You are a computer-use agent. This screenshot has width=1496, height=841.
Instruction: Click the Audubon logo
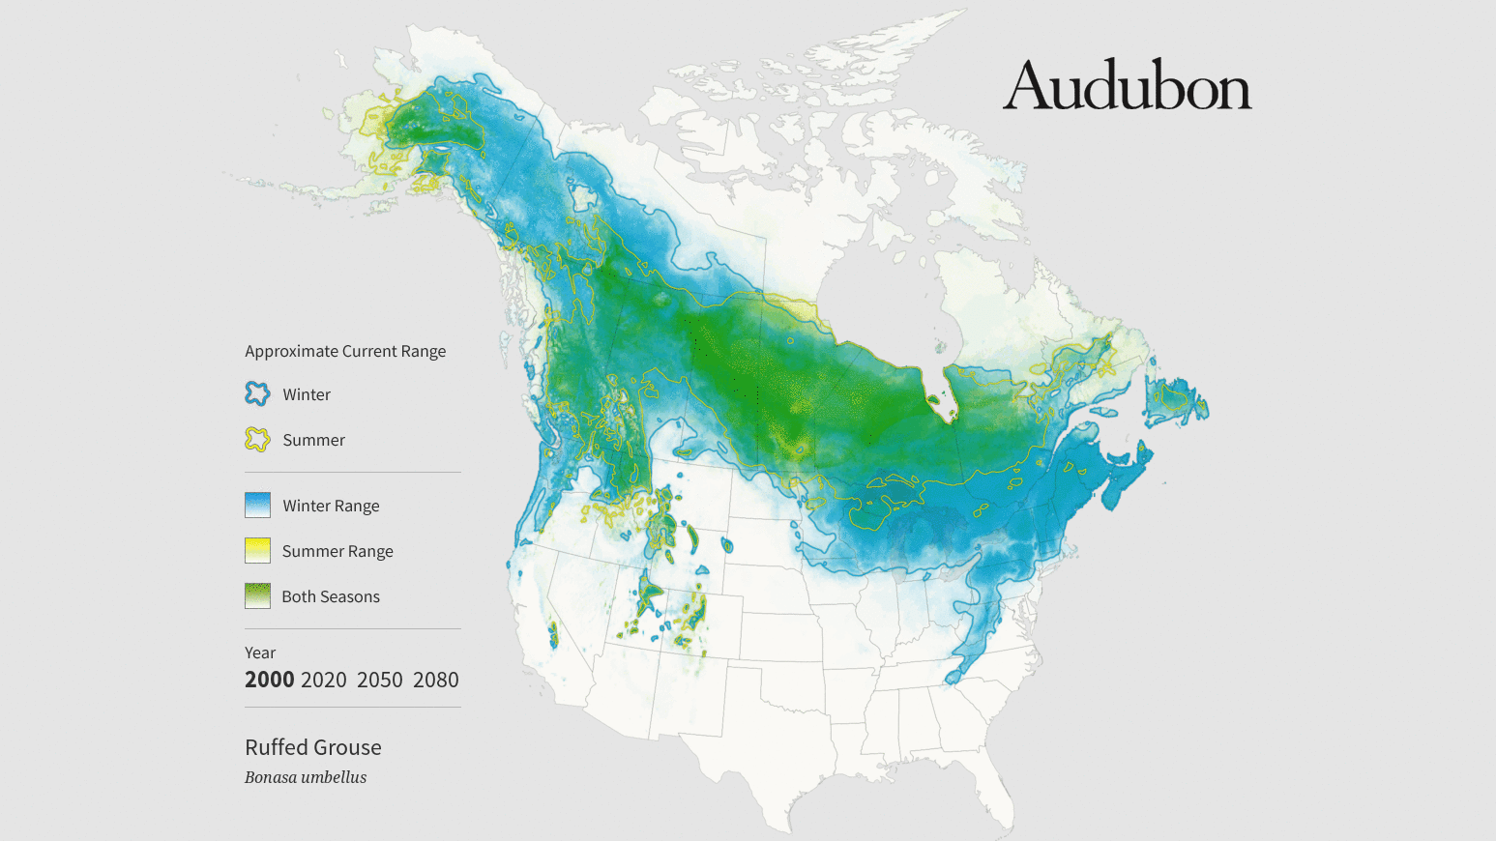pos(1127,85)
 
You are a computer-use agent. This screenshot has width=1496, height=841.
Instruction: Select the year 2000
pos(269,680)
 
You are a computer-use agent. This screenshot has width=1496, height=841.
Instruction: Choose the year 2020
pos(323,680)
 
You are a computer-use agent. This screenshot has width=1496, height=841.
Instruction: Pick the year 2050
pos(379,680)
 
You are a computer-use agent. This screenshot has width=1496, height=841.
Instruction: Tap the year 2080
pos(435,680)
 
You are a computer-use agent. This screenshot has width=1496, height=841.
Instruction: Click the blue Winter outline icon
pos(257,393)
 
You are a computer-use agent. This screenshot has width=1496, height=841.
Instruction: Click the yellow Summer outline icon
pos(257,440)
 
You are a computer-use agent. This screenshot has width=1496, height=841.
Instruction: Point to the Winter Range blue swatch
pos(257,506)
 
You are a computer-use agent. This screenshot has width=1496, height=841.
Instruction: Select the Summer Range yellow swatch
pos(257,551)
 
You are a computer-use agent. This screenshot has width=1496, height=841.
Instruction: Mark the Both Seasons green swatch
pos(257,596)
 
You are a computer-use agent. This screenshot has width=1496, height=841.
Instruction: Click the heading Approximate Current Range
pos(345,351)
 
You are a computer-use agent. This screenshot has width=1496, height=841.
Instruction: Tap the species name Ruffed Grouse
pos(312,747)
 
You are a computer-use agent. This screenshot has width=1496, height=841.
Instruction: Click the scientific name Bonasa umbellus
pos(306,777)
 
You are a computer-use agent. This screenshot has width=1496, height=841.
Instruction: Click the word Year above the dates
pos(260,652)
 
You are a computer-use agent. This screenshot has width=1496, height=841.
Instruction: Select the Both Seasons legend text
pos(331,596)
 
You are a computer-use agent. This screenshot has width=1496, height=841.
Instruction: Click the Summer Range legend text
pos(337,551)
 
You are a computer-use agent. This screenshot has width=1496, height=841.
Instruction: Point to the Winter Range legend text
pos(331,506)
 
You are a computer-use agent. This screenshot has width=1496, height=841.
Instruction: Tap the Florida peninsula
pos(996,788)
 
